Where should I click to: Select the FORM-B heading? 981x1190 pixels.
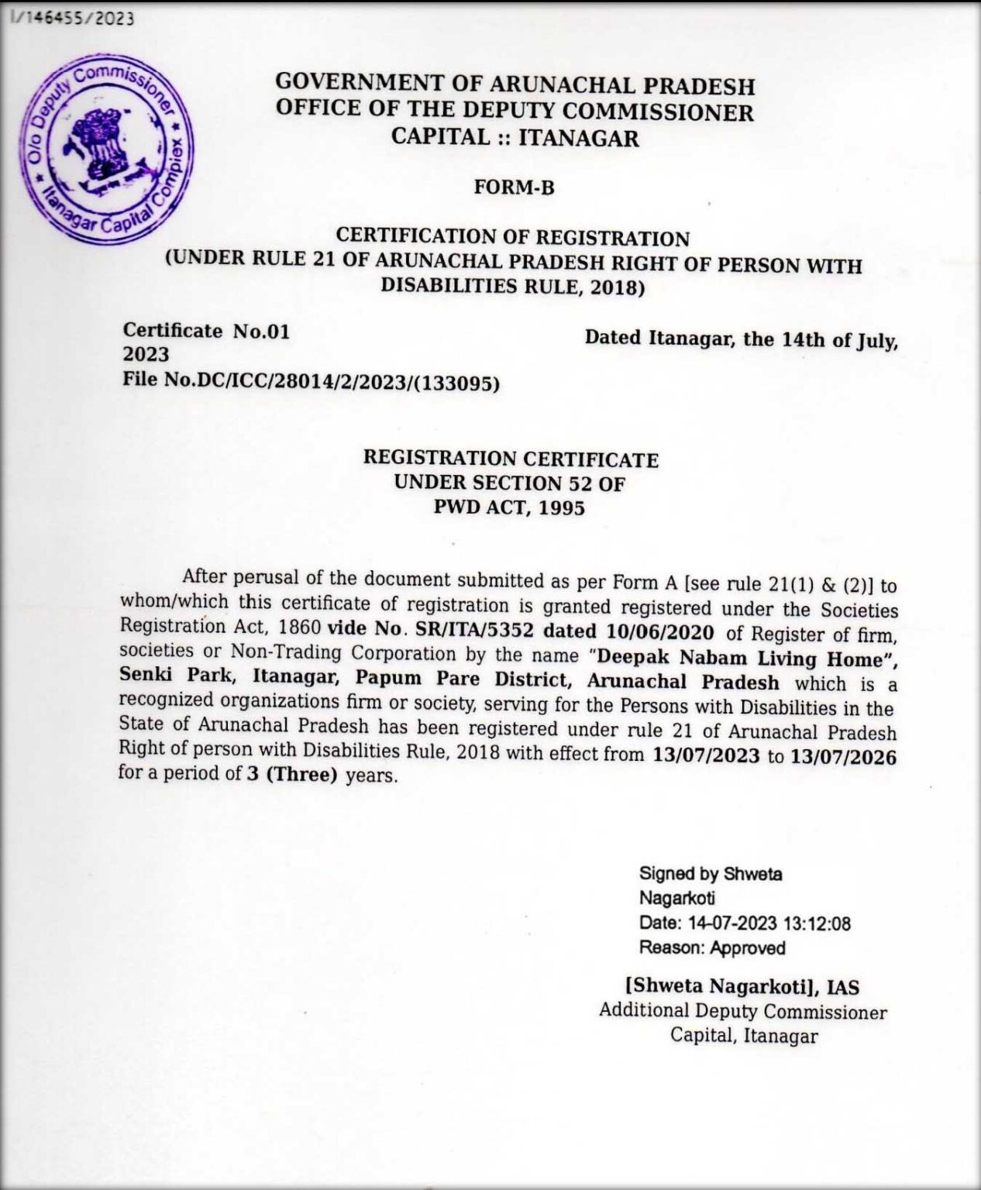point(515,187)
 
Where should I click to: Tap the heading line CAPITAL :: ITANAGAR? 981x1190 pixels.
point(515,138)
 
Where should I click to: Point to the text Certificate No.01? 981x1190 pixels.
point(206,331)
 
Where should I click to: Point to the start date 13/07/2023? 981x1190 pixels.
point(706,755)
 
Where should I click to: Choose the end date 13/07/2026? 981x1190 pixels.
point(843,757)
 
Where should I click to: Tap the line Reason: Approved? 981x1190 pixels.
point(712,948)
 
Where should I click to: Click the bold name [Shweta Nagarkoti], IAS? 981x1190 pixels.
point(742,987)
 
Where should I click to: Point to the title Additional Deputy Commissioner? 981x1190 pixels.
point(742,1011)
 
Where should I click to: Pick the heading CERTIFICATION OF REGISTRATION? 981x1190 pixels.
point(512,237)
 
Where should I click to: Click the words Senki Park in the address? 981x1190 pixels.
point(176,675)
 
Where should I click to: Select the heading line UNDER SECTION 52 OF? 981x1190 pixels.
point(509,483)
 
